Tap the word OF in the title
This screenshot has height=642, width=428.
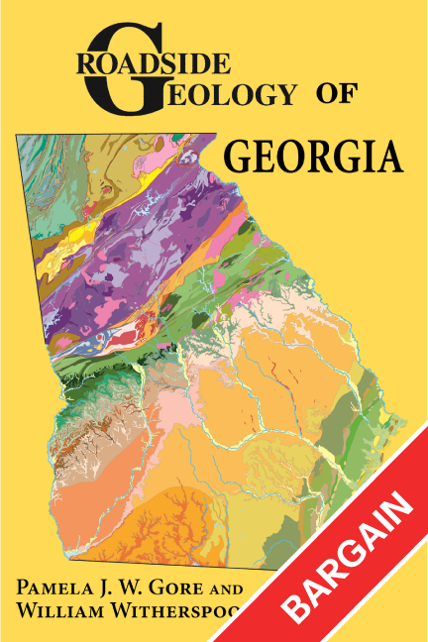(x=340, y=94)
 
